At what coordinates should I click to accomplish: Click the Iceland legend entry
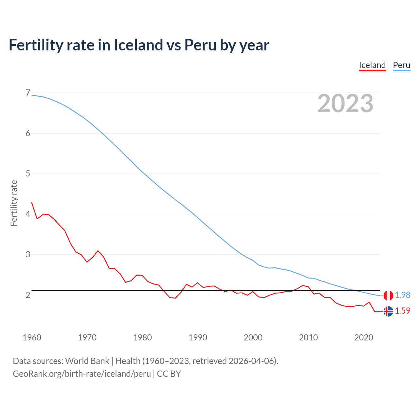[372, 65]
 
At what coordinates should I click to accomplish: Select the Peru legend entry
[401, 65]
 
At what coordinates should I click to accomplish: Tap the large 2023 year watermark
[345, 103]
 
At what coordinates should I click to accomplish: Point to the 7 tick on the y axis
[28, 93]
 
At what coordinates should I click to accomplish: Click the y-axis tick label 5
[28, 173]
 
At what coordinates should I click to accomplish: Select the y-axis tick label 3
[28, 254]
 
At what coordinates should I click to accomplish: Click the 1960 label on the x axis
[32, 337]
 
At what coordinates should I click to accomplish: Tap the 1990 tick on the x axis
[198, 337]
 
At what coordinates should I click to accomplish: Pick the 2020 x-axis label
[364, 337]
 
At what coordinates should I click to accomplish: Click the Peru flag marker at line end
[388, 295]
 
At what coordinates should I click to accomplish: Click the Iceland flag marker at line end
[388, 311]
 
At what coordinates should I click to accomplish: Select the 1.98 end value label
[402, 295]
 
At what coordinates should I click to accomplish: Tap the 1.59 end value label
[402, 311]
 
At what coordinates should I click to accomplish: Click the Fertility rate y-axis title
[14, 203]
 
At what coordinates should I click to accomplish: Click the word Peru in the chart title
[200, 45]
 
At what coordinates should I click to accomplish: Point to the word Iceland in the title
[138, 45]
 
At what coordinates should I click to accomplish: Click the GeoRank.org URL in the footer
[82, 374]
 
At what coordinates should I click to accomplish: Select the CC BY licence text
[169, 374]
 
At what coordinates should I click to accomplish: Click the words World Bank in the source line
[87, 361]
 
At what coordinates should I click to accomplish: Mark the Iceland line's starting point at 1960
[32, 203]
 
